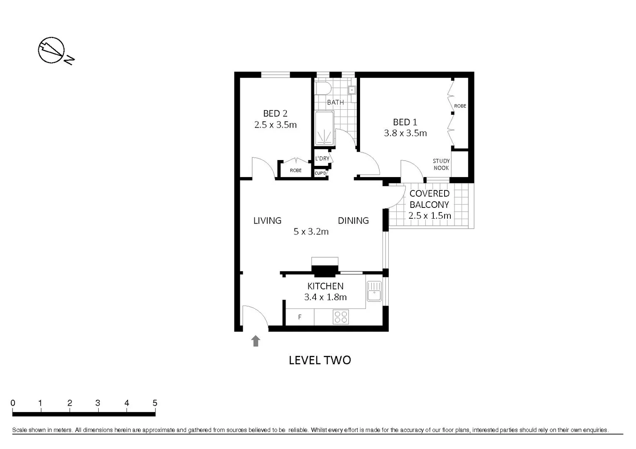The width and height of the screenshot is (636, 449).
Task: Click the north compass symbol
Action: pyautogui.click(x=52, y=51)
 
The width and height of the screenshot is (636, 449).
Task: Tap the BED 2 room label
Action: pyautogui.click(x=275, y=113)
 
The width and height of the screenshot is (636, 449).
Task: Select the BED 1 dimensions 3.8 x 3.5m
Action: pyautogui.click(x=405, y=133)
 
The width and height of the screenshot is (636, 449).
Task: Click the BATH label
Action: pyautogui.click(x=335, y=102)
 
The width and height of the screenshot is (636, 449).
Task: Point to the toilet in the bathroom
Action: pyautogui.click(x=323, y=88)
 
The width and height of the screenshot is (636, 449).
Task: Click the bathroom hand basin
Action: pyautogui.click(x=352, y=89)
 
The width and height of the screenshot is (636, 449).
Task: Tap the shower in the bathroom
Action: pyautogui.click(x=324, y=128)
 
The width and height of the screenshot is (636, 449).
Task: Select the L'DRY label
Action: pyautogui.click(x=322, y=158)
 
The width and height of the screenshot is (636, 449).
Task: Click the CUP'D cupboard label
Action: pyautogui.click(x=320, y=173)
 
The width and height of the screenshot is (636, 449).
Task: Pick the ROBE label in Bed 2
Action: pyautogui.click(x=296, y=170)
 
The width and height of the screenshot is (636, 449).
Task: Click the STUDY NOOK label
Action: pyautogui.click(x=441, y=164)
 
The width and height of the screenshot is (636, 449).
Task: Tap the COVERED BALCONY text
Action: pyautogui.click(x=430, y=199)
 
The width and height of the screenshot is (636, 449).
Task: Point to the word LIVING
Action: pyautogui.click(x=267, y=221)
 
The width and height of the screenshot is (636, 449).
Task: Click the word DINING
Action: pyautogui.click(x=353, y=221)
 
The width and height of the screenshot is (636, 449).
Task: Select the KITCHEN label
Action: pyautogui.click(x=325, y=286)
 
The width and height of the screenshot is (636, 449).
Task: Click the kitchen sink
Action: pyautogui.click(x=374, y=291)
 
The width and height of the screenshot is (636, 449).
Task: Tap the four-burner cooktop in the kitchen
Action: pyautogui.click(x=341, y=317)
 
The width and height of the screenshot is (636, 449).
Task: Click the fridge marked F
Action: pyautogui.click(x=300, y=317)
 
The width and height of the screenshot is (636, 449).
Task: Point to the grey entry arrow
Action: pyautogui.click(x=256, y=341)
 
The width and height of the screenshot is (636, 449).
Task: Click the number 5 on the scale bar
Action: pyautogui.click(x=155, y=403)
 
